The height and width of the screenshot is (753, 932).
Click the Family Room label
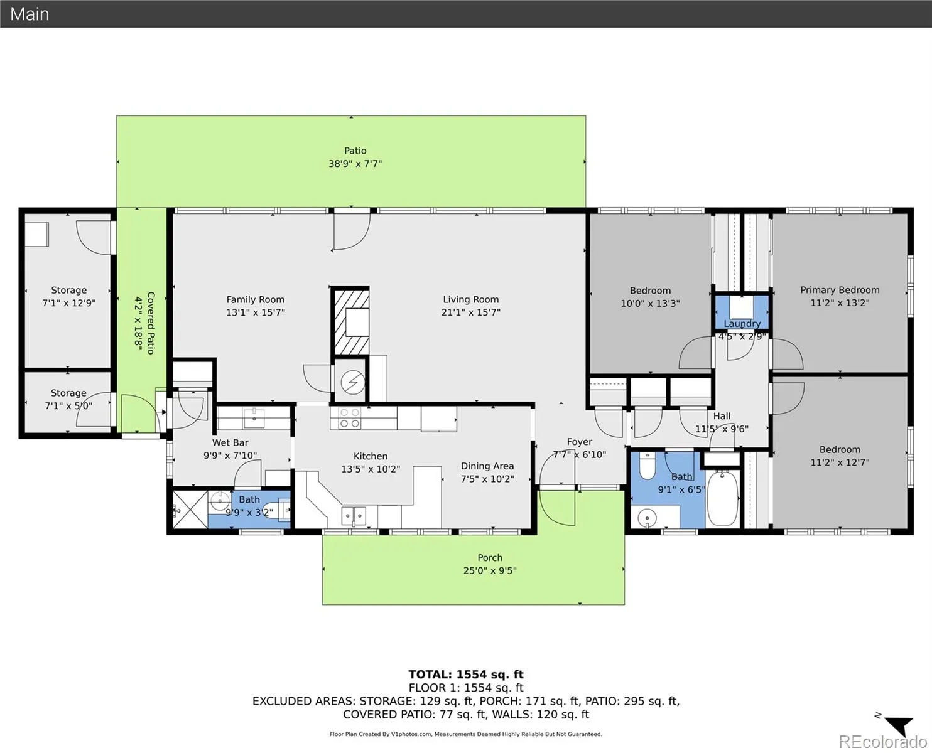coord(255,300)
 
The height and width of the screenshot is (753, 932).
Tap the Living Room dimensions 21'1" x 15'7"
coord(471,312)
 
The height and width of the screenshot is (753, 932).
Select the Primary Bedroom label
coord(840,290)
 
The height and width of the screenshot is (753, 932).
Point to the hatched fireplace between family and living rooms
coord(350,321)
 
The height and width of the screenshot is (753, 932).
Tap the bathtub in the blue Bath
coord(722,499)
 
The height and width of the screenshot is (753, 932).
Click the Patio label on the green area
coord(355,151)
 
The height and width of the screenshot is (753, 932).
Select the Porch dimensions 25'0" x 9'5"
coord(490,571)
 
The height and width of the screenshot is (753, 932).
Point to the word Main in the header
coord(30,14)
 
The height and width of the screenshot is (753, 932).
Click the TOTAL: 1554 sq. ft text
coord(466,675)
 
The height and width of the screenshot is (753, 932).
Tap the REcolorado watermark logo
coord(882,742)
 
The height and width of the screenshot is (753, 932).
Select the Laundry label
coord(742,323)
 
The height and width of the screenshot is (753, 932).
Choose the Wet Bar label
coord(230,443)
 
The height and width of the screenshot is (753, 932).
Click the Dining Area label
coord(487,466)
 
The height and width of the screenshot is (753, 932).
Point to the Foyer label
coord(579,442)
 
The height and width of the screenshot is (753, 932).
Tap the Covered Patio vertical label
coord(151,323)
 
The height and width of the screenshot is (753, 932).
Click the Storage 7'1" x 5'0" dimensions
coord(68,406)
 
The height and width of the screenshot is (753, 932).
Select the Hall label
coord(722,416)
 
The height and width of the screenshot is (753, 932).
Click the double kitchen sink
coord(354,515)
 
